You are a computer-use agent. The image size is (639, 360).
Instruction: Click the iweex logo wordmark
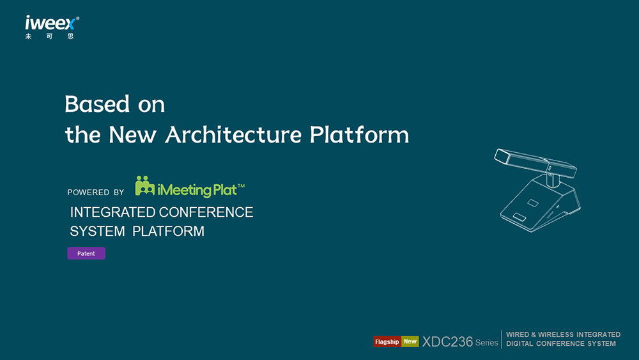tap(50, 23)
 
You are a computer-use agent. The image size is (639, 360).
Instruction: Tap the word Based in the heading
tap(97, 104)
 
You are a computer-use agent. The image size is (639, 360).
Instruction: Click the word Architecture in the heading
tap(233, 134)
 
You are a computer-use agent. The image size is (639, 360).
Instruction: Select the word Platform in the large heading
tap(359, 134)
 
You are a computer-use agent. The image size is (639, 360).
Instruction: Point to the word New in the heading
tap(132, 134)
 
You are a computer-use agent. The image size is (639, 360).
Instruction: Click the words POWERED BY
tap(96, 192)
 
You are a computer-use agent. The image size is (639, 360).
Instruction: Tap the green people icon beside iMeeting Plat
tap(144, 186)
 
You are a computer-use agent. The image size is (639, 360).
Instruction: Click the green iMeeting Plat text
tap(197, 190)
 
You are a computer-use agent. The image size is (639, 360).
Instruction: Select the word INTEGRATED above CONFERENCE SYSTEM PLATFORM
tap(113, 212)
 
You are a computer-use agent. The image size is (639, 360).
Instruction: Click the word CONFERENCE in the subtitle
tap(206, 212)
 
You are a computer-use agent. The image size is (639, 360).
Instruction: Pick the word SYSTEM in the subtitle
tap(97, 231)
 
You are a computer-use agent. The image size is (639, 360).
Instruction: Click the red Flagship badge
tap(387, 341)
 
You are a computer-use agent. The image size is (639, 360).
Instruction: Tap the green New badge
tap(410, 341)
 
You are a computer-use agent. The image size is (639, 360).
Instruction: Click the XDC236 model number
tap(447, 341)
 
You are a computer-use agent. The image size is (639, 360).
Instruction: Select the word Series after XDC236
tap(486, 343)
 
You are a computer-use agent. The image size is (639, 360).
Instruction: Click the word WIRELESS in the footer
tap(556, 334)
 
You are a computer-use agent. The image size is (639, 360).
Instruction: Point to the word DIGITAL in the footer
tap(520, 343)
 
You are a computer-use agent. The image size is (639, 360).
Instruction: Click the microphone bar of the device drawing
tap(535, 163)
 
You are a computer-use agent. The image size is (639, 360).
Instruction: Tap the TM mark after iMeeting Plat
tap(242, 186)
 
